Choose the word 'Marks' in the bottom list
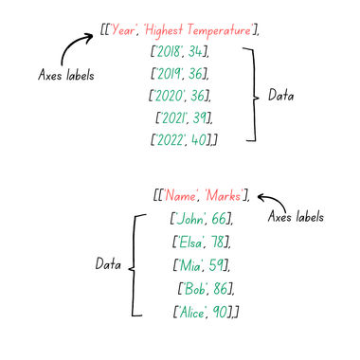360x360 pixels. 222,196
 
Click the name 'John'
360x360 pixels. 188,219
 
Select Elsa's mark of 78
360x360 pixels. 220,242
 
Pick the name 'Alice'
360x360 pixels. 190,311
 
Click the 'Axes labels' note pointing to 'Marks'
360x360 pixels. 297,217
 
